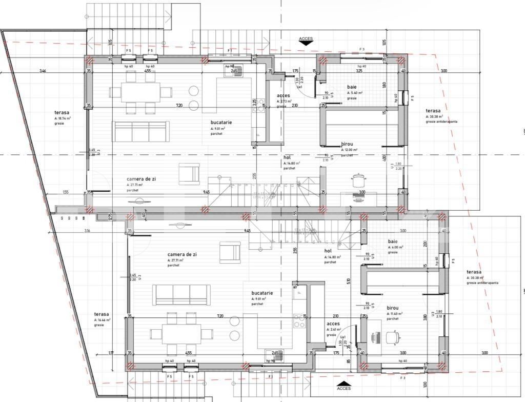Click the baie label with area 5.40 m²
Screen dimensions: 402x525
tap(352, 87)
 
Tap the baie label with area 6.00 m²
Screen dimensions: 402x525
tap(393, 242)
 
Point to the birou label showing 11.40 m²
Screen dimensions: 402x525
tap(395, 309)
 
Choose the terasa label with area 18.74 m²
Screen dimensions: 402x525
tap(62, 112)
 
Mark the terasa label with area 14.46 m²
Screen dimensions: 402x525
tap(101, 314)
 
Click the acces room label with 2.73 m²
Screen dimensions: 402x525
tap(284, 96)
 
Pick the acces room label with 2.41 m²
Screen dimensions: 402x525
tap(333, 324)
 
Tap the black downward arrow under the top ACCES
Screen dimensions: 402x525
tap(306, 44)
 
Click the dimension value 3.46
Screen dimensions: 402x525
tap(43, 71)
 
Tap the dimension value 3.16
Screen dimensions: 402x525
tap(87, 231)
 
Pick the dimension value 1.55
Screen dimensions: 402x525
tap(66, 192)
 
